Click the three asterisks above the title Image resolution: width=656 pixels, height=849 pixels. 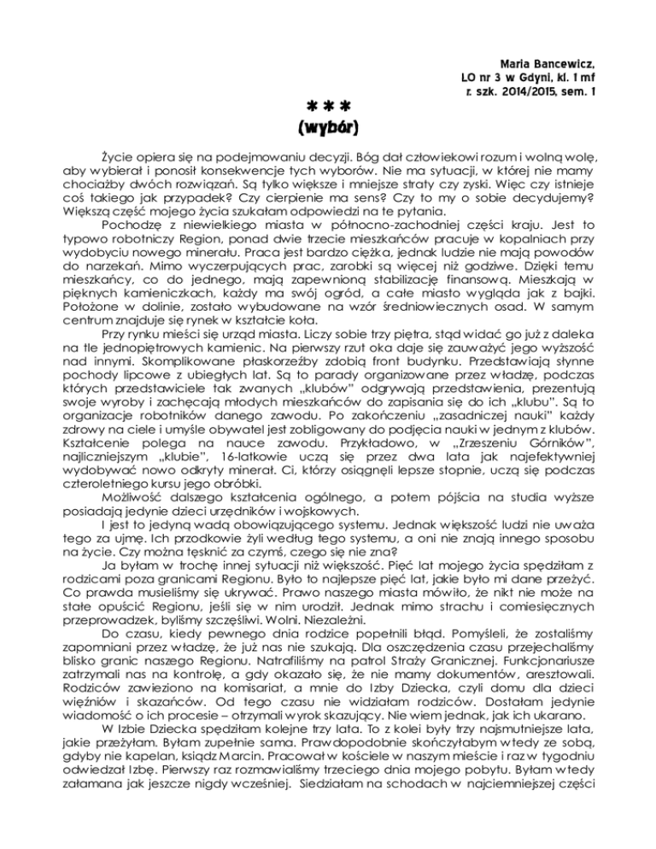(x=328, y=108)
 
